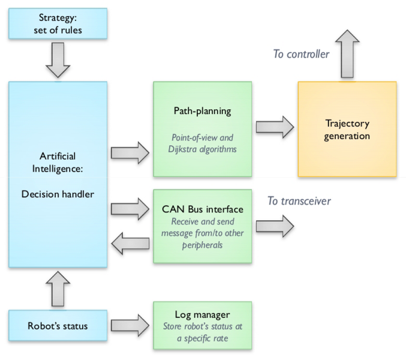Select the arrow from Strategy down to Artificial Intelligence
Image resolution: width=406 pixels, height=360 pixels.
[x=58, y=62]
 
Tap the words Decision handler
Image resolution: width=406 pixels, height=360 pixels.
[x=58, y=194]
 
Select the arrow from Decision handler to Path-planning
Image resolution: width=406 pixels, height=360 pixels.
[x=130, y=152]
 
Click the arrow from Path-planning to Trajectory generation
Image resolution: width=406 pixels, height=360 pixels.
[x=275, y=127]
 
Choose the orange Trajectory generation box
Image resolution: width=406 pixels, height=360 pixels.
[x=347, y=129]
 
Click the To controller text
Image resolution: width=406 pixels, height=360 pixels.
[x=302, y=54]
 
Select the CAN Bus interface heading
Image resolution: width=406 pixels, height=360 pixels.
[x=202, y=209]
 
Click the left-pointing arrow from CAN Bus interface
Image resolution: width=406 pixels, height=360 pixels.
[x=130, y=244]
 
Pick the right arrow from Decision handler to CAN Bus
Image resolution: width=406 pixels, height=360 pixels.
[x=130, y=209]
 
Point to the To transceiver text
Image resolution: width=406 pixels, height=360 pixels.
[x=299, y=201]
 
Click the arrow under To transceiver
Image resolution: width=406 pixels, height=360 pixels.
[x=275, y=226]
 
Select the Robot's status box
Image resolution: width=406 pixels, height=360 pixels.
[x=58, y=326]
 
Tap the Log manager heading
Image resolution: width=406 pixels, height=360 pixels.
[x=202, y=315]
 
